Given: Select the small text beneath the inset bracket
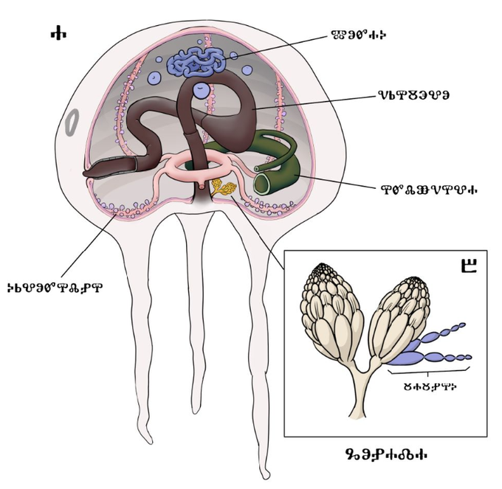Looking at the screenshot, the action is pyautogui.click(x=427, y=384).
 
